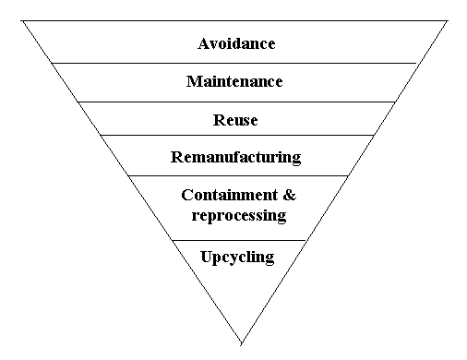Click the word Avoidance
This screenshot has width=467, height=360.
coord(236,43)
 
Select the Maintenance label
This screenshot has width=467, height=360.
coord(234,81)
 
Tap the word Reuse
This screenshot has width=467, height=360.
coord(235,120)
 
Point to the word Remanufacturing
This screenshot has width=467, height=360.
coord(235,158)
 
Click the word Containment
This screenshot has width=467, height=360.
coord(230,195)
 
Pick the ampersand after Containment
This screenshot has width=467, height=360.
coord(289,195)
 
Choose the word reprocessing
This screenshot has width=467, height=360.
coord(239,215)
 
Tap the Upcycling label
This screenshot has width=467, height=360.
coord(237,258)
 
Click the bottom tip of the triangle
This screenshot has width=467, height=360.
coord(241,344)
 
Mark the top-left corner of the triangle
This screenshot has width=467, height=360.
coord(21,21)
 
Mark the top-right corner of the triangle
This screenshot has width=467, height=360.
coord(448,21)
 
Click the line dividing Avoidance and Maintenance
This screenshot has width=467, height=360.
coord(234,64)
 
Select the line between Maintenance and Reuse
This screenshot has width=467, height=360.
coord(236,102)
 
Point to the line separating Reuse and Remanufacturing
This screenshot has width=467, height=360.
coord(237,135)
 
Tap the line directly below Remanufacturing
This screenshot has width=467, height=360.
coord(238,176)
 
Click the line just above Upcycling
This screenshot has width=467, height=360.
coord(239,240)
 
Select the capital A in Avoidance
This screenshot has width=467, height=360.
coord(203,43)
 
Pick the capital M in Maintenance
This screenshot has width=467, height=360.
coord(194,81)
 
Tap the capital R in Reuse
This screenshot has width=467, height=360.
coord(219,120)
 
